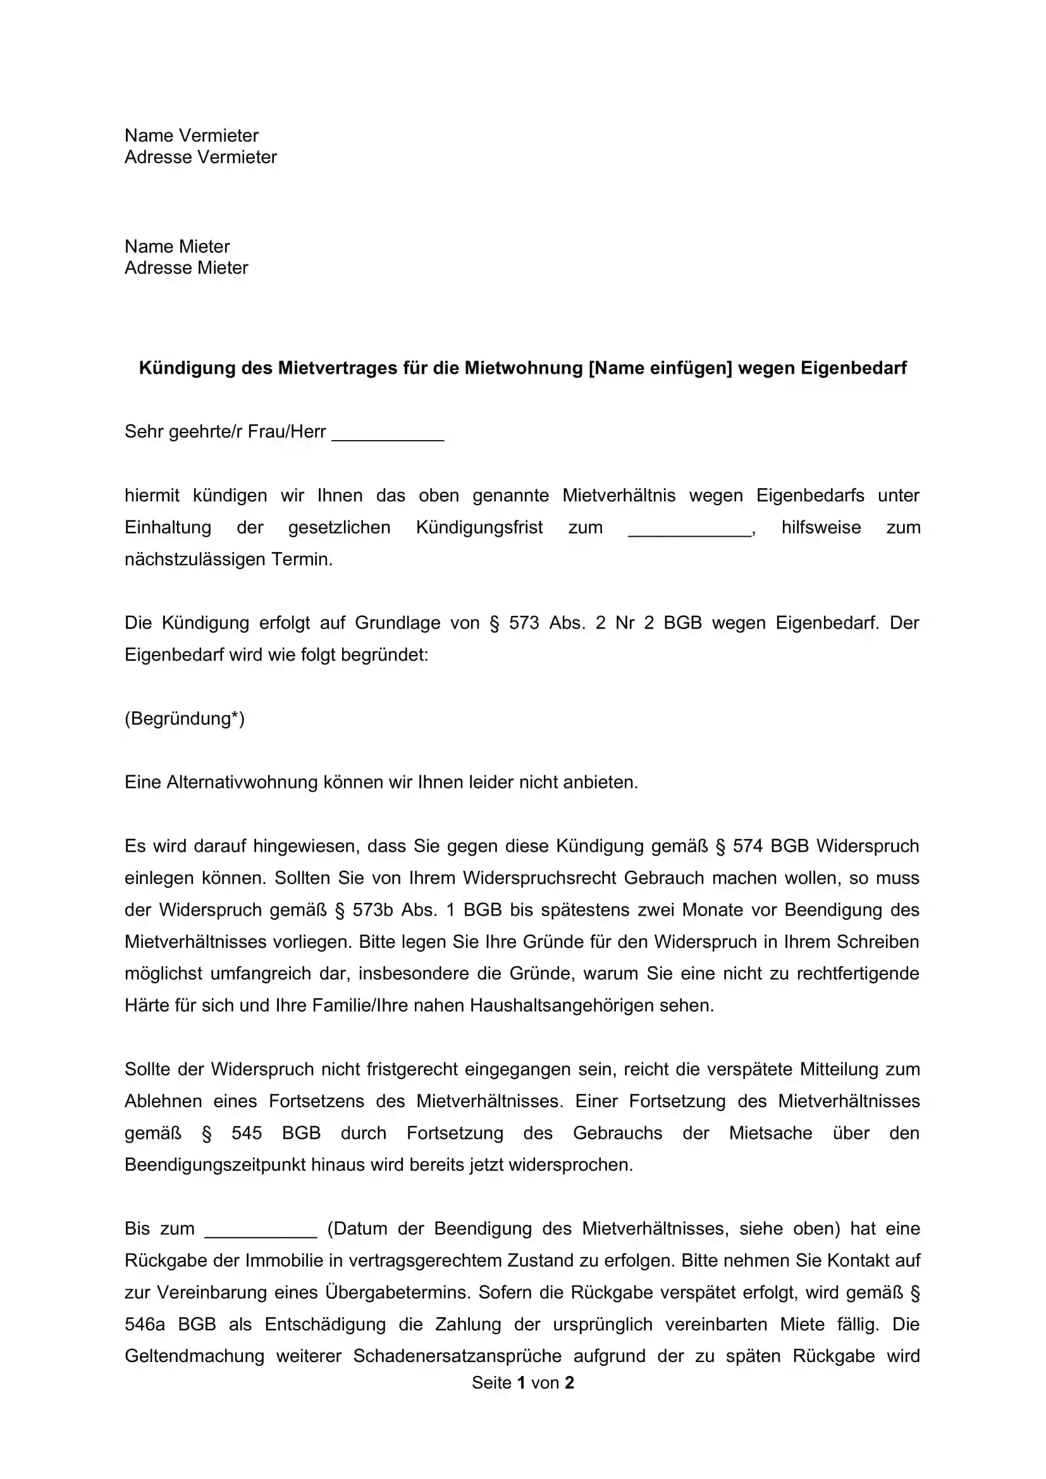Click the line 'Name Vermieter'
click(x=191, y=135)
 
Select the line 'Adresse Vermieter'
click(x=200, y=157)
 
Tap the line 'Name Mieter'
click(x=177, y=246)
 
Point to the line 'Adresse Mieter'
click(x=186, y=268)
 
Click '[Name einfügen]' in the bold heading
click(x=660, y=368)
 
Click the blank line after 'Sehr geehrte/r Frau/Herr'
click(x=388, y=433)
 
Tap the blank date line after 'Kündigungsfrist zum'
click(x=689, y=529)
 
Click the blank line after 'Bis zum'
click(x=261, y=1229)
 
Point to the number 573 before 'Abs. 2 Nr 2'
click(x=524, y=623)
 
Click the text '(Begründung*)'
click(x=185, y=719)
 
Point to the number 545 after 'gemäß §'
click(x=247, y=1134)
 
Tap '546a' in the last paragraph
click(x=144, y=1325)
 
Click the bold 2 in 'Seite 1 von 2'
click(x=569, y=1383)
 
